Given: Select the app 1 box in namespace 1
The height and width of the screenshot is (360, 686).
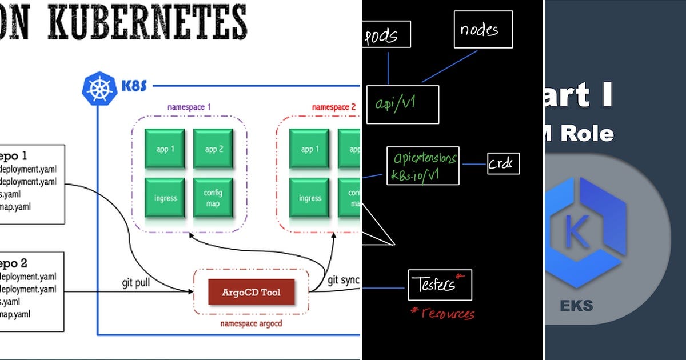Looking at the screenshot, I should click(x=165, y=149).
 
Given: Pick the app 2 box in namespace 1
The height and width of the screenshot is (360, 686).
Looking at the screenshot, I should click(x=213, y=149).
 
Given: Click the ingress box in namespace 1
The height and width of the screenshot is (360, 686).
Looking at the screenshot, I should click(x=165, y=198).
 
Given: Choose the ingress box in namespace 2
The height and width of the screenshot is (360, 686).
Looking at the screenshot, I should click(x=309, y=198).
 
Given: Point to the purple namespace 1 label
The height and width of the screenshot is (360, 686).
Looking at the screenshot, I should click(x=189, y=107).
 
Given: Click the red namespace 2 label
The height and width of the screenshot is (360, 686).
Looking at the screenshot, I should click(x=333, y=107).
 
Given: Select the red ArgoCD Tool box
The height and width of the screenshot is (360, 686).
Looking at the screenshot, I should click(x=251, y=292).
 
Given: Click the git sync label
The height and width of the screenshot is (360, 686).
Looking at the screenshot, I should click(x=343, y=280).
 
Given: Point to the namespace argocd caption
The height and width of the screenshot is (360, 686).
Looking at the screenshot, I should click(x=251, y=323).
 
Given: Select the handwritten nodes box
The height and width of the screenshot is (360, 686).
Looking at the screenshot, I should click(x=483, y=29).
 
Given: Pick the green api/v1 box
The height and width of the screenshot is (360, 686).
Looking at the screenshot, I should click(x=402, y=104).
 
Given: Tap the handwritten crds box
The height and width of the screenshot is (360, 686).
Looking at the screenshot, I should click(x=504, y=165).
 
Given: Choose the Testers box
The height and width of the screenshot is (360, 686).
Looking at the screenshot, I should click(x=440, y=285).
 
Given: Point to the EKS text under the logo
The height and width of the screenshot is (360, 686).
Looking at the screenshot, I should click(x=576, y=305).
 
